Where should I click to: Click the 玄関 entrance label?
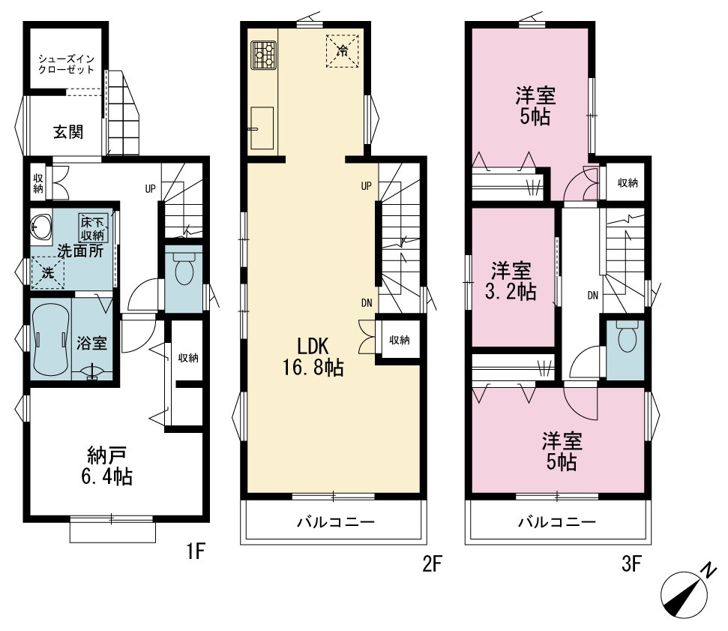[x=68, y=132]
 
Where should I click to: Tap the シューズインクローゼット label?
[x=67, y=65]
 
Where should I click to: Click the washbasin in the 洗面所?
[x=41, y=227]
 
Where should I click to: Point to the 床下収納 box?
[x=93, y=228]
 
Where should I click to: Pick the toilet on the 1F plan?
[x=184, y=269]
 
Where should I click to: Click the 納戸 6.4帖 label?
[x=107, y=466]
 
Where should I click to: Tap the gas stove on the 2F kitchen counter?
[x=263, y=56]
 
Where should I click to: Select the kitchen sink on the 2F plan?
[x=262, y=128]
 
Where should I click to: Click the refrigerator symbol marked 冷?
[x=343, y=51]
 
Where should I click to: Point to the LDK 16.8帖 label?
[x=313, y=357]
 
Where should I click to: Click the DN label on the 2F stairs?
[x=367, y=303]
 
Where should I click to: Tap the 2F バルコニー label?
[x=336, y=522]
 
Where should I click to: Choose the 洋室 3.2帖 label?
[x=511, y=281]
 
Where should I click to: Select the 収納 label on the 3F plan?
[x=628, y=183]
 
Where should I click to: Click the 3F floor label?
[x=631, y=564]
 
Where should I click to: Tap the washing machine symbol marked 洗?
[x=47, y=273]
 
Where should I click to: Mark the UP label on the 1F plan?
[x=150, y=189]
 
